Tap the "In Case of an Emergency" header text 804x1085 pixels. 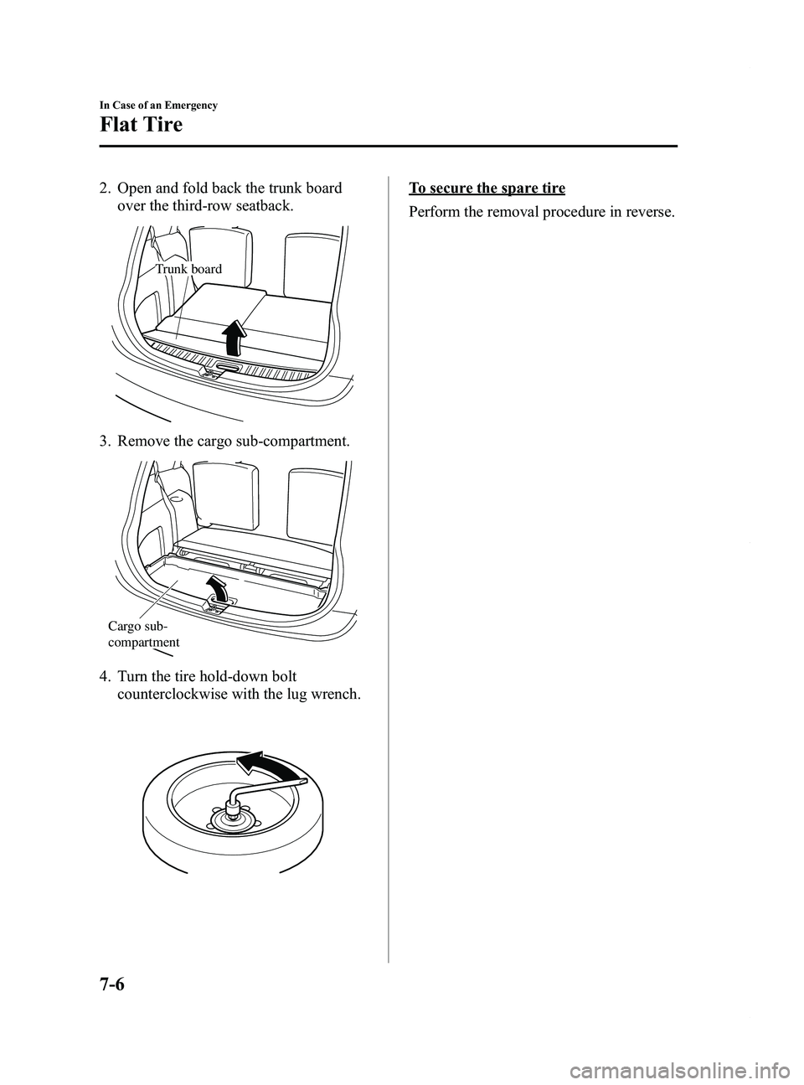[158, 106]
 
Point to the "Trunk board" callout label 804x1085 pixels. [188, 269]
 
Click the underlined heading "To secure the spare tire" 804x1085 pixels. [487, 188]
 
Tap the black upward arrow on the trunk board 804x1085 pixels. [235, 338]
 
